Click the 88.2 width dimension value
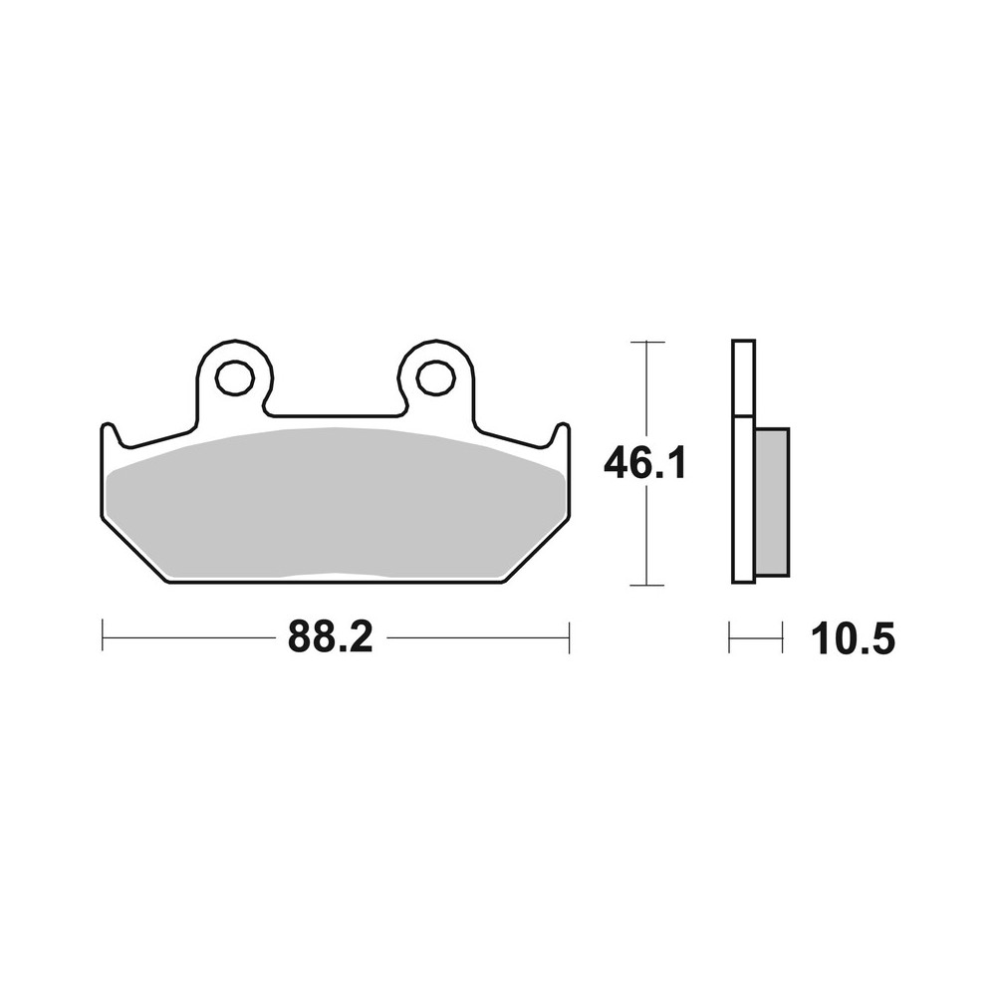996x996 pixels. pos(330,636)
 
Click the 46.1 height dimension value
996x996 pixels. pos(645,463)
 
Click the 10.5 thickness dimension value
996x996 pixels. pos(854,638)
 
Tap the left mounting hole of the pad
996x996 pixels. pos(234,377)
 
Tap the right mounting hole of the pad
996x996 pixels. pos(435,377)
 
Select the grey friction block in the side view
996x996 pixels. pos(772,503)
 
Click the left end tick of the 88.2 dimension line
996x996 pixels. pos(103,637)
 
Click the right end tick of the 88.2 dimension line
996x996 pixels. pos(569,637)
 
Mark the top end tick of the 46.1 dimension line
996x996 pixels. pos(647,342)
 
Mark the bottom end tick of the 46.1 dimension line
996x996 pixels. pos(647,585)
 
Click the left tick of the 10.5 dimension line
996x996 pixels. pos(729,637)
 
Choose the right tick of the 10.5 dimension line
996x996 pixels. pos(782,637)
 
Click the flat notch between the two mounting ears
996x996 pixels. pos(336,414)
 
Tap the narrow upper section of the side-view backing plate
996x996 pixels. pos(743,378)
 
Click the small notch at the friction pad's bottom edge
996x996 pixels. pos(336,576)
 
